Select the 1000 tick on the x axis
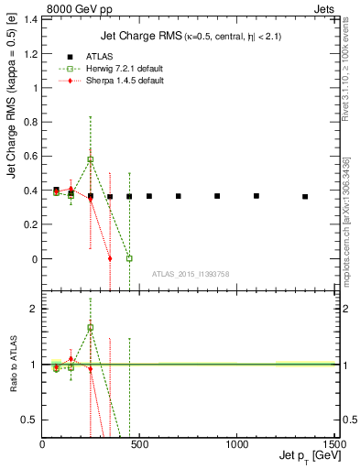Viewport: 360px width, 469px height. coord(235,444)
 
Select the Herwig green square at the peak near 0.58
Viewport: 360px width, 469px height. coord(90,159)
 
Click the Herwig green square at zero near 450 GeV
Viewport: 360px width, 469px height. coord(129,258)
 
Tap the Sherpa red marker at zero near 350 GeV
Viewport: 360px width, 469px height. coord(110,258)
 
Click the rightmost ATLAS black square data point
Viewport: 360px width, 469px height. coord(305,197)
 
